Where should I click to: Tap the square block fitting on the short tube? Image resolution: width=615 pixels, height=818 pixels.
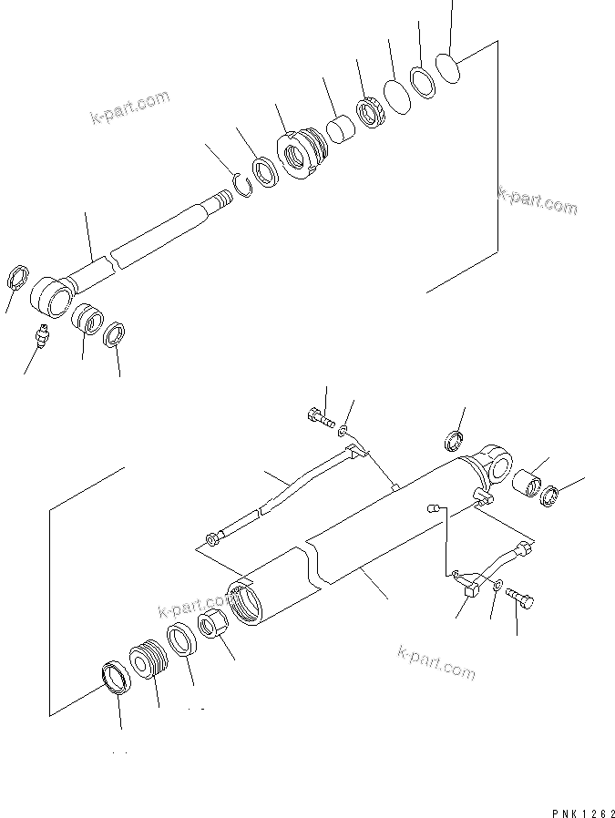coord(471,591)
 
